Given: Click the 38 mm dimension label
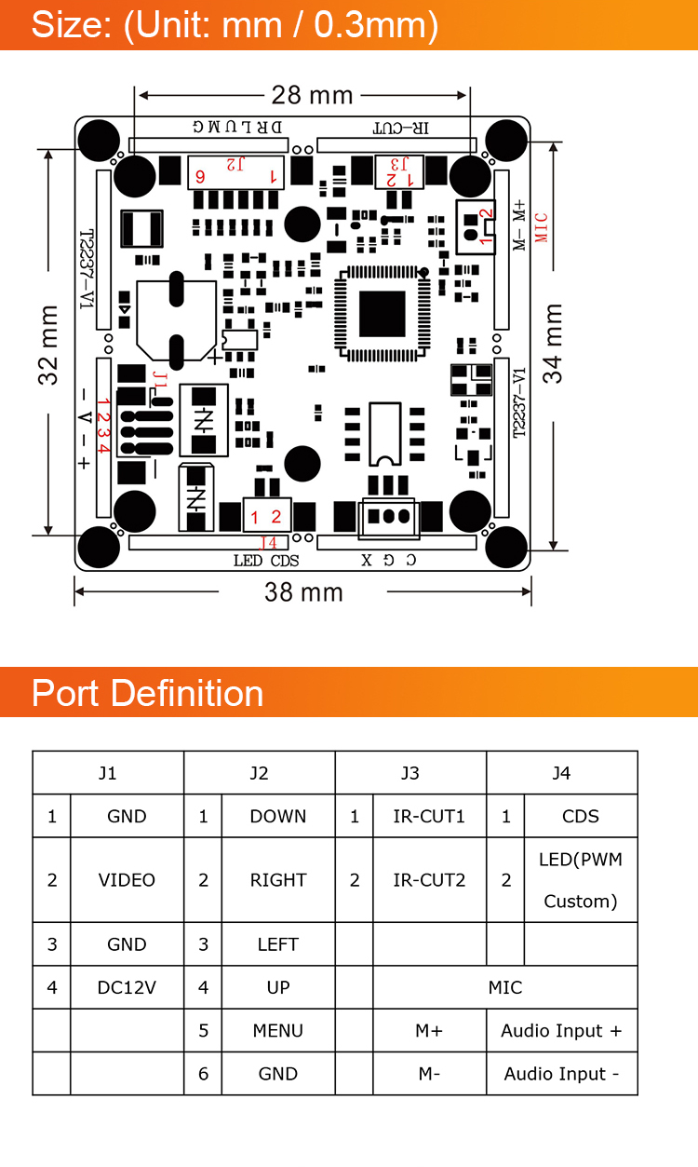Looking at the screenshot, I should click(x=303, y=592).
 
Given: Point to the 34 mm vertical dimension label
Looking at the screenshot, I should click(x=554, y=343).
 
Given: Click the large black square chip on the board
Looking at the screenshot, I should click(x=383, y=314).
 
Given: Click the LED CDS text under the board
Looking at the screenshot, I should click(x=265, y=561).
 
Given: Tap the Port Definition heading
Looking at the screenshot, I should click(x=148, y=694).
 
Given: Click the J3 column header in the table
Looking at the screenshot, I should click(x=409, y=773).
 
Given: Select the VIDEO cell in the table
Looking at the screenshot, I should click(x=127, y=880).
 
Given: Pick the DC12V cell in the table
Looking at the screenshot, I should click(x=127, y=987).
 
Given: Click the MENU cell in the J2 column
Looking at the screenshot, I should click(x=277, y=1031).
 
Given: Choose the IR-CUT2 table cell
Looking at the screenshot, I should click(x=428, y=880).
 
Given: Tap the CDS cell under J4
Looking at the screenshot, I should click(x=581, y=817).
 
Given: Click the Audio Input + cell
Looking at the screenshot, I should click(x=561, y=1031).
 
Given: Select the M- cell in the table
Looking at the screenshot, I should click(x=428, y=1074).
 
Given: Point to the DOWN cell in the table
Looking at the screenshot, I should click(x=277, y=817).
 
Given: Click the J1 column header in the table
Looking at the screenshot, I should click(x=108, y=773).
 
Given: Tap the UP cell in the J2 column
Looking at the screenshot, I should click(x=277, y=987).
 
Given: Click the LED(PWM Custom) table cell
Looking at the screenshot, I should click(x=581, y=880).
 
